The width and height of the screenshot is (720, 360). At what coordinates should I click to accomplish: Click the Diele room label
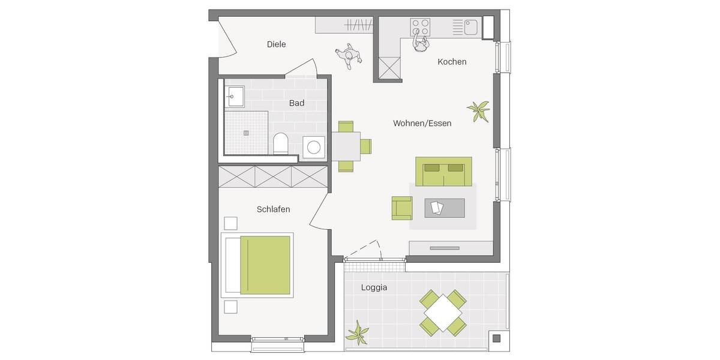pyautogui.click(x=276, y=44)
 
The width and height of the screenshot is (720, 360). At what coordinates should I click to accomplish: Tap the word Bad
pyautogui.click(x=296, y=103)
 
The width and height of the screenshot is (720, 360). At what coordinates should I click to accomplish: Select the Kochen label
pyautogui.click(x=452, y=62)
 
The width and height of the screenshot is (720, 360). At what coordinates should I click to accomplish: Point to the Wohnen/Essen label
pyautogui.click(x=422, y=123)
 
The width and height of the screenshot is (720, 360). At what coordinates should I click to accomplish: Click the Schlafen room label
pyautogui.click(x=273, y=209)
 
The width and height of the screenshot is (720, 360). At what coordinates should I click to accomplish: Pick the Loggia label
pyautogui.click(x=374, y=287)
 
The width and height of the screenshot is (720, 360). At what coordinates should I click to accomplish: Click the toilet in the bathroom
pyautogui.click(x=280, y=144)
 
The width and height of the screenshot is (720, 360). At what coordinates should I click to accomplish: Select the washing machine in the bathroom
pyautogui.click(x=314, y=147)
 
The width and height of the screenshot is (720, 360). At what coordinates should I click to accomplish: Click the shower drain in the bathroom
pyautogui.click(x=246, y=133)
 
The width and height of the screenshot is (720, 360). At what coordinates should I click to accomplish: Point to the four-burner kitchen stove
pyautogui.click(x=420, y=26)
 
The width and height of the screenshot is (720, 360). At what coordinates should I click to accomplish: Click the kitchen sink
pyautogui.click(x=470, y=26)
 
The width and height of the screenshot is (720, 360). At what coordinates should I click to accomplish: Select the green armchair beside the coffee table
pyautogui.click(x=402, y=208)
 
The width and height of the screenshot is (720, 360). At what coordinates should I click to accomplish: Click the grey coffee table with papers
pyautogui.click(x=444, y=208)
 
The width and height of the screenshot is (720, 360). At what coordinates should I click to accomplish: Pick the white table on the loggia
pyautogui.click(x=443, y=311)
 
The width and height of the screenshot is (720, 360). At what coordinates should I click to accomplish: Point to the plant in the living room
pyautogui.click(x=478, y=110)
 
